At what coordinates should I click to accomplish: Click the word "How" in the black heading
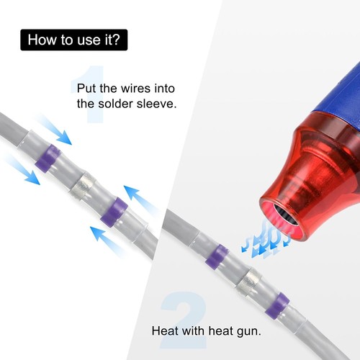[42, 40]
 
